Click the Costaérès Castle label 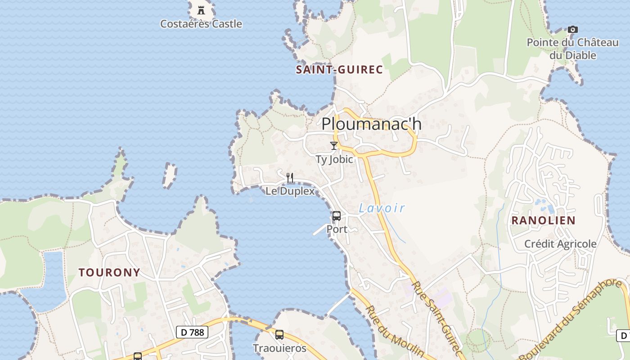click(201, 24)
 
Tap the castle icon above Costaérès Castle click(201, 9)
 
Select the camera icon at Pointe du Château click(572, 30)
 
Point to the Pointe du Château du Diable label click(573, 49)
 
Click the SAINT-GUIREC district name click(339, 70)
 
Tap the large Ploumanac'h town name click(372, 124)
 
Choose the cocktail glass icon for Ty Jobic click(334, 145)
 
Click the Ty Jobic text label click(334, 159)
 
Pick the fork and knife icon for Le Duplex click(290, 178)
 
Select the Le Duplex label click(290, 191)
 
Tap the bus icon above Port click(337, 216)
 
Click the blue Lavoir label click(382, 208)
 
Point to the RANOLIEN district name click(543, 220)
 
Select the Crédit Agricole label click(560, 244)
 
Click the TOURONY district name click(109, 272)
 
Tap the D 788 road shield click(192, 333)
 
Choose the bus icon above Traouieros click(279, 335)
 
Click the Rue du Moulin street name click(394, 331)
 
